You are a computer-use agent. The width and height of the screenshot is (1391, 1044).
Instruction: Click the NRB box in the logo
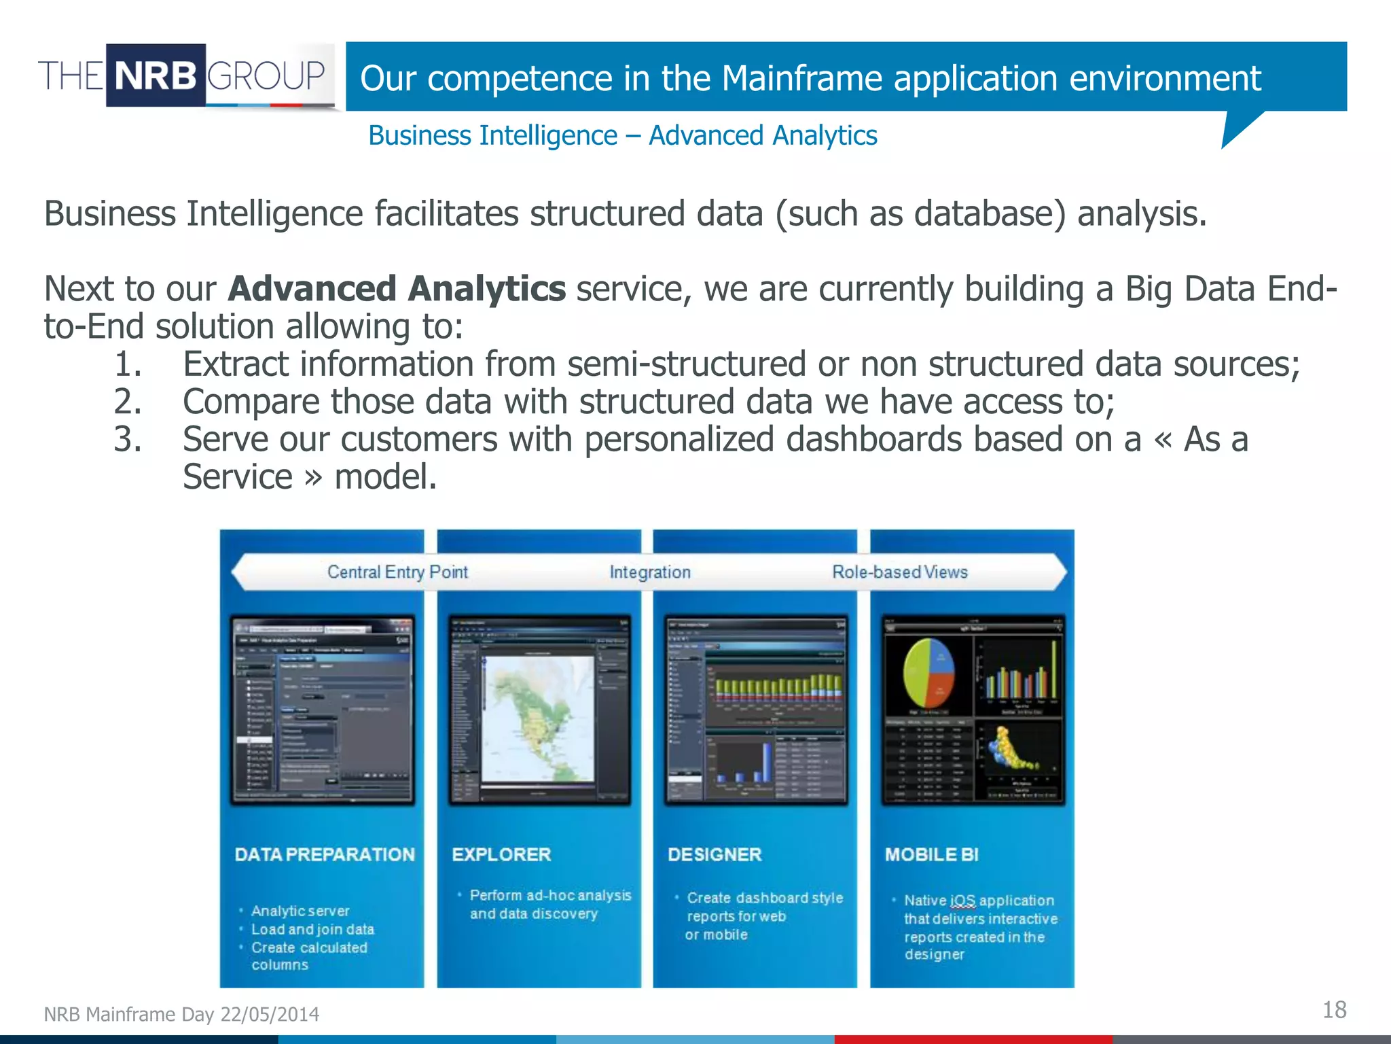(156, 75)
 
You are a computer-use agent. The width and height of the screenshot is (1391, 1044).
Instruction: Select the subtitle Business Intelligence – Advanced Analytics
(622, 135)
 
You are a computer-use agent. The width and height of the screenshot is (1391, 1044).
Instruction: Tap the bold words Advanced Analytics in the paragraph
(397, 289)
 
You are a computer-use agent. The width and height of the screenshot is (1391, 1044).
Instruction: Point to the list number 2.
(127, 401)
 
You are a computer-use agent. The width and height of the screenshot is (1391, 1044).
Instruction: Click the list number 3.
(127, 439)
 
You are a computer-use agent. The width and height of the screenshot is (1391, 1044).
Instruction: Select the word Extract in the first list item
(236, 364)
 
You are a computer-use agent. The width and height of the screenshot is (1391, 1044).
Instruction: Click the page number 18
(1334, 1010)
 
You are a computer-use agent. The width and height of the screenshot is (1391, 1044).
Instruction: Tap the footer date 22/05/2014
(270, 1014)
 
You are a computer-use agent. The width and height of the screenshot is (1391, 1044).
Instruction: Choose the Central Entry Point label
(397, 572)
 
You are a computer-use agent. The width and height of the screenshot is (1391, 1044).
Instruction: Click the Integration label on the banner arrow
(650, 572)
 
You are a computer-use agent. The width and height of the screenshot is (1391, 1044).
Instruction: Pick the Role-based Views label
(900, 572)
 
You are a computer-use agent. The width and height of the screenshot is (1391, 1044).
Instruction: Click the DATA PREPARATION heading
(325, 854)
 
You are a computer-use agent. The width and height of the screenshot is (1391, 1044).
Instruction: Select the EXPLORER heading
(501, 854)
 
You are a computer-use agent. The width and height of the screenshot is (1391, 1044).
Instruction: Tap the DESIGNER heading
(715, 854)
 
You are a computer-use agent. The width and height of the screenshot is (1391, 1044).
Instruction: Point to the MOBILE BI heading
(931, 854)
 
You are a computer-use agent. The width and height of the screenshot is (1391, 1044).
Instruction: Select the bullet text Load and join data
(312, 929)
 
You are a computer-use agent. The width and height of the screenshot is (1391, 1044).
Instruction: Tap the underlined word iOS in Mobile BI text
(962, 901)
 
